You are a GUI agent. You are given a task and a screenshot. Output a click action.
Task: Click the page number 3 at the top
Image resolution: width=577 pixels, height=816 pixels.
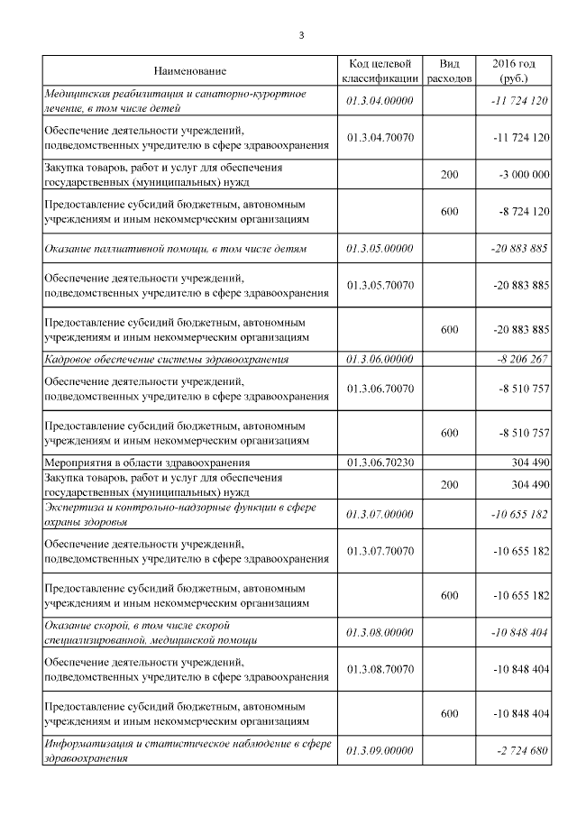tap(301, 35)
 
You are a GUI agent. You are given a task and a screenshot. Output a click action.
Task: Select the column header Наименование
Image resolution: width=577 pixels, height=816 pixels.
tap(189, 70)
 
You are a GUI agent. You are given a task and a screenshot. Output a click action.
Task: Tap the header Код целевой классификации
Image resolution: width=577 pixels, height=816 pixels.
tap(379, 70)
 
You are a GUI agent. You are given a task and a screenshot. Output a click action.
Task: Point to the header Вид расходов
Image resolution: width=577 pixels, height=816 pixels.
tap(449, 70)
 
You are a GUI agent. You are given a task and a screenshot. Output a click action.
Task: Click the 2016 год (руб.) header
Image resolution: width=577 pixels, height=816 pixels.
tap(514, 70)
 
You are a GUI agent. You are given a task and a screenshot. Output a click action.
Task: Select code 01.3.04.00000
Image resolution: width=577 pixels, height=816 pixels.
tap(379, 100)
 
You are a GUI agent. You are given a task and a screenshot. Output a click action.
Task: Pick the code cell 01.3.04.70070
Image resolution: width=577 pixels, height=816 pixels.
tap(379, 137)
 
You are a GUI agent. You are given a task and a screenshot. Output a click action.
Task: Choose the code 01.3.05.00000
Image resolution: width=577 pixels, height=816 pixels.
tap(379, 248)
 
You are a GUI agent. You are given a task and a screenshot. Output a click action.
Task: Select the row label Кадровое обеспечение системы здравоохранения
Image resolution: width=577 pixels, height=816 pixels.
tap(167, 359)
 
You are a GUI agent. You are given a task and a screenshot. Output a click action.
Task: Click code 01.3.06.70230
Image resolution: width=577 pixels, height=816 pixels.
tap(379, 463)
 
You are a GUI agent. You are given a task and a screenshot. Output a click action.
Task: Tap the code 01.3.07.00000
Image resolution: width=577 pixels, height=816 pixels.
tap(379, 514)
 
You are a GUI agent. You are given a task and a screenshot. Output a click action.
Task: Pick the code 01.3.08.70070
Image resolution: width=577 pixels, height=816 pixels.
tap(379, 669)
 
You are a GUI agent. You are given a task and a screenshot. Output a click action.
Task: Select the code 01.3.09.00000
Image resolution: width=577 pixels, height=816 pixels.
tap(379, 751)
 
